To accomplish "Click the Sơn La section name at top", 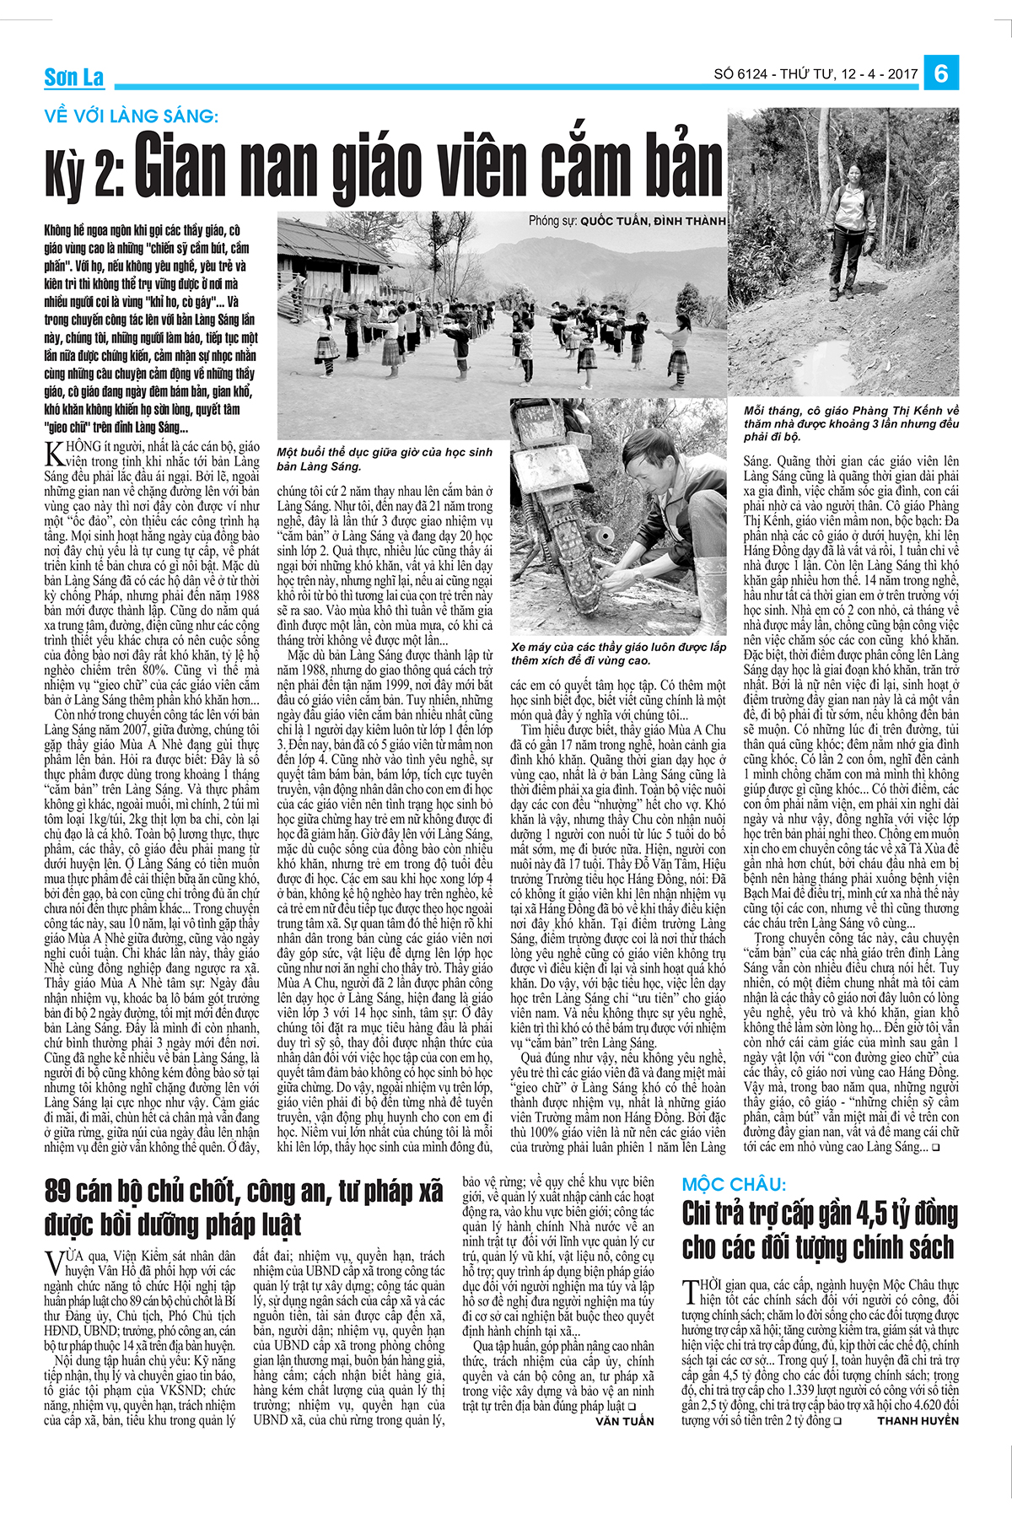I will point(74,78).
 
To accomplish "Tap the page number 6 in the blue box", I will point(940,73).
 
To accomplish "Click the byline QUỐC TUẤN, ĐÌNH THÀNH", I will point(652,221).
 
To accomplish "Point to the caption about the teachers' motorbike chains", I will point(617,653).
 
